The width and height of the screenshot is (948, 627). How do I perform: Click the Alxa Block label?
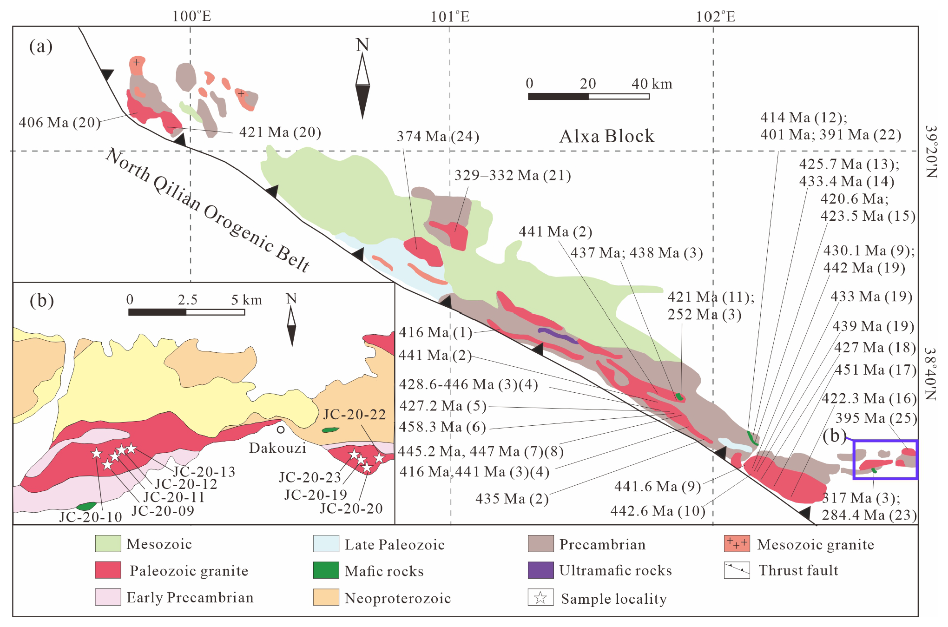point(606,136)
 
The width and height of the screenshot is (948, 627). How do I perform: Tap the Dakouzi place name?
point(277,448)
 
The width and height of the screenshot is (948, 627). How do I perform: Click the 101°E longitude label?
point(450,17)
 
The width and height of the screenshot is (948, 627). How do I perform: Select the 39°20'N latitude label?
point(930,152)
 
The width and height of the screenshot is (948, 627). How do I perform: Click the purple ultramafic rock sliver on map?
point(557,335)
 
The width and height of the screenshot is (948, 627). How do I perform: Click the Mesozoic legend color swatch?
point(108,544)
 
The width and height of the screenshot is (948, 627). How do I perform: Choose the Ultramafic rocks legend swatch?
point(540,570)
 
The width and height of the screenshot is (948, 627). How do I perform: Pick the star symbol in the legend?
point(540,598)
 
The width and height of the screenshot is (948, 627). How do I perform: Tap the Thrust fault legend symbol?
point(736,570)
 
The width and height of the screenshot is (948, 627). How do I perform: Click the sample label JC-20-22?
point(354,415)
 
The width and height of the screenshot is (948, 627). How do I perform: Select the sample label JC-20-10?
point(90,517)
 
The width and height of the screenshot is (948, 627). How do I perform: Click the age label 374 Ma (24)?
point(437,136)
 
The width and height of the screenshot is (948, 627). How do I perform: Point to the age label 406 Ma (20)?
point(59,122)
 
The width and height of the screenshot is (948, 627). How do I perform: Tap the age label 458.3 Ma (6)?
point(442,427)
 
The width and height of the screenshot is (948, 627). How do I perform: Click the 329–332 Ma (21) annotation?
point(513,175)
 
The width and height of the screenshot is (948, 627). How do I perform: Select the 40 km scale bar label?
point(651,84)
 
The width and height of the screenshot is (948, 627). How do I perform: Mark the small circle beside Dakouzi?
point(281,429)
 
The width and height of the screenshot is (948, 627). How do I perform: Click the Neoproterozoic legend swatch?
point(326,598)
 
